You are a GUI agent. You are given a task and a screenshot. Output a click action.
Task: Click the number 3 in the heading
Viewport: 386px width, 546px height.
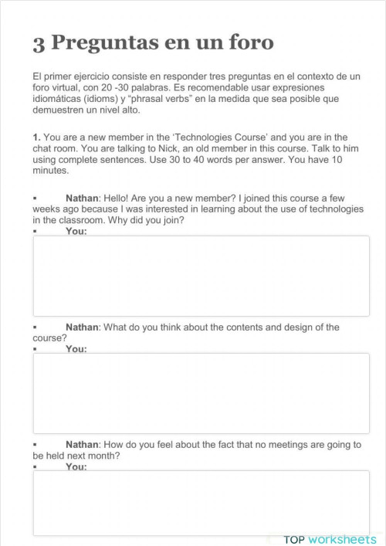[39, 44]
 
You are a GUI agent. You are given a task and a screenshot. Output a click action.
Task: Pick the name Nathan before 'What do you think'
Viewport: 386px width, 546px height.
[83, 327]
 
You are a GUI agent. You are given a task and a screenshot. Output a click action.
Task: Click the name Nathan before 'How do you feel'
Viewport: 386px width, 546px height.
[83, 444]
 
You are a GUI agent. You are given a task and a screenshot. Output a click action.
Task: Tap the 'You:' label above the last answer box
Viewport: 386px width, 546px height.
[76, 466]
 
